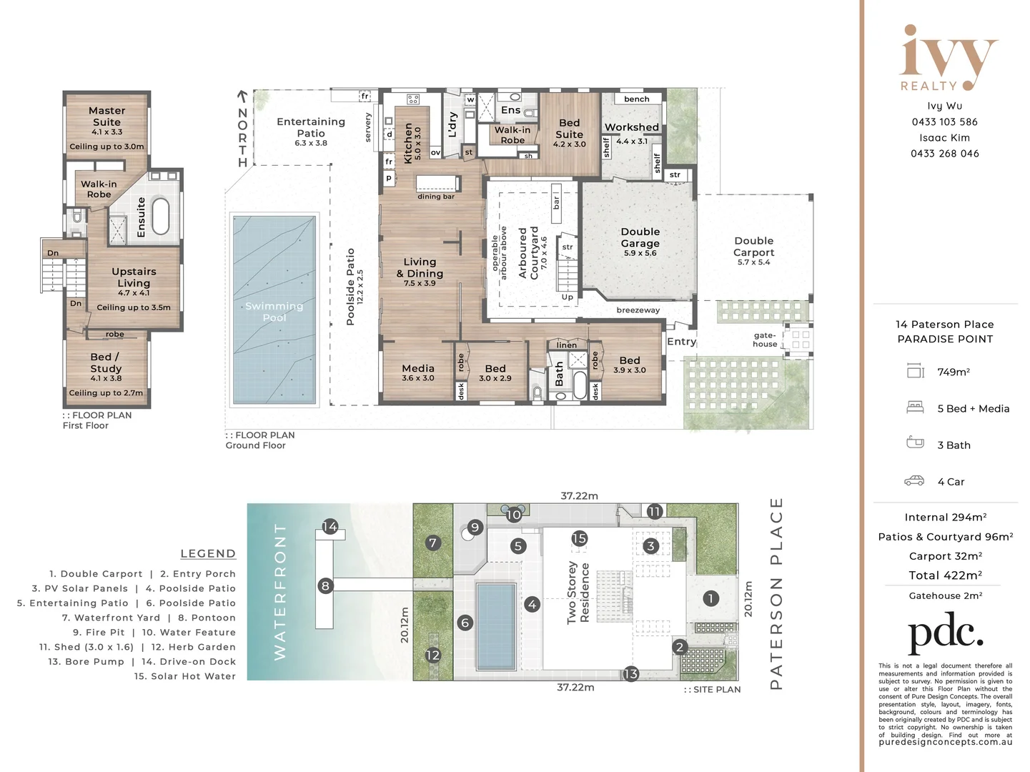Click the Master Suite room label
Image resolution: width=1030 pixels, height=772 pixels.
(107, 116)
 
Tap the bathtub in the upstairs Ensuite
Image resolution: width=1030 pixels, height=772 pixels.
(161, 216)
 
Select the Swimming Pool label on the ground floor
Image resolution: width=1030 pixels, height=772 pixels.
(274, 312)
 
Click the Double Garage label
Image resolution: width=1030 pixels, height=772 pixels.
(640, 237)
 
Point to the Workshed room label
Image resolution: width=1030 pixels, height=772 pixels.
(632, 127)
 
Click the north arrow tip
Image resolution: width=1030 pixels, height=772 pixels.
(242, 91)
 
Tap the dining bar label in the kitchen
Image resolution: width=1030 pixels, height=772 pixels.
(436, 196)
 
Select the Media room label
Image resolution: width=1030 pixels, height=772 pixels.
(417, 368)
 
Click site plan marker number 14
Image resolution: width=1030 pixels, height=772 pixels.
(330, 526)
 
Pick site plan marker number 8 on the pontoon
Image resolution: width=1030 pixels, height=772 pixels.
(326, 585)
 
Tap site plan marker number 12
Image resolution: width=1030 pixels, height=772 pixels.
(432, 655)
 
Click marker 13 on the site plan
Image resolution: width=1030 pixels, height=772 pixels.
(630, 674)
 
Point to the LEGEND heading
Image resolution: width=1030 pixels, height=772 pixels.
(208, 553)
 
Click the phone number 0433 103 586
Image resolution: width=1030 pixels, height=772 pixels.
(944, 122)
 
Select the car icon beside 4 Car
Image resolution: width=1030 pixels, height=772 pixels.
(913, 480)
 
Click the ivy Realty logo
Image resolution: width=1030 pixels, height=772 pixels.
(947, 57)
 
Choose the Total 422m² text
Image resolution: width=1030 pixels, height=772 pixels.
(945, 575)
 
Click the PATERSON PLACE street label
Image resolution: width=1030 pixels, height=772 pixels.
(776, 594)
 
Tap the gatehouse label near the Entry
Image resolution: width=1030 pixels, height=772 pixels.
(764, 340)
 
